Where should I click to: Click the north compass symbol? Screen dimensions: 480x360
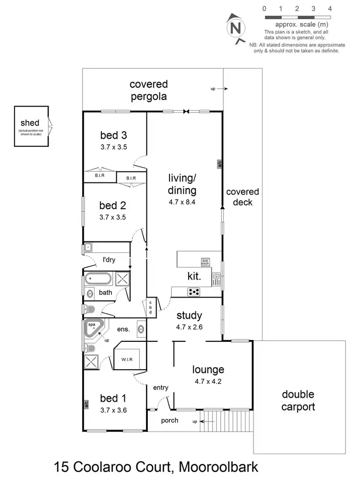coord(235,28)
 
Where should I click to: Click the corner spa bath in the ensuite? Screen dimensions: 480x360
coord(94,329)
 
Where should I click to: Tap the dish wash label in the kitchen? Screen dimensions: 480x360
coord(205,262)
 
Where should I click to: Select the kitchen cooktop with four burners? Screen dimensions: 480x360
coord(194,291)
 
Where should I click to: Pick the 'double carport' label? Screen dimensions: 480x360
coord(298,400)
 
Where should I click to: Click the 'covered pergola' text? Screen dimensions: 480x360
coord(149,90)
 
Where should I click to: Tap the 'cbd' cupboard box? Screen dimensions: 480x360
coord(151,307)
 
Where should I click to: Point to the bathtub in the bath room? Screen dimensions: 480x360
coord(99,278)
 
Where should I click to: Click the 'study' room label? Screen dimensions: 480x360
coord(189,316)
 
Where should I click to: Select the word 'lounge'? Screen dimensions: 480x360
coord(208,370)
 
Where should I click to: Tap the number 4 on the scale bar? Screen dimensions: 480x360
coord(330,9)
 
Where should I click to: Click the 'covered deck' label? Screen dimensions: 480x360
coord(242,197)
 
